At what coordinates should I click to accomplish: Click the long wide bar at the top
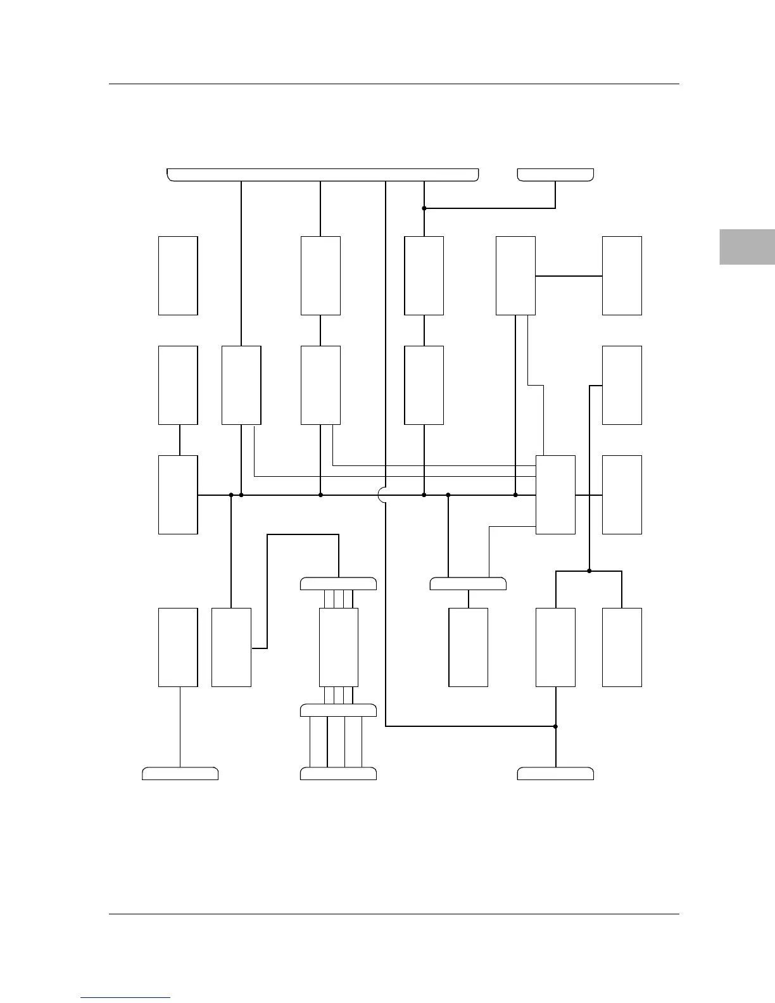coord(322,175)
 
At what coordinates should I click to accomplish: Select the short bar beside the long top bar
coord(555,175)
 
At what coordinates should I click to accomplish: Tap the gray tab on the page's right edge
coord(747,246)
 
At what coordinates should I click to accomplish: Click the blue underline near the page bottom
coord(125,997)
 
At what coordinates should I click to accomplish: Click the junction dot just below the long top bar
coord(424,208)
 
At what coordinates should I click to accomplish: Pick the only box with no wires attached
coord(178,275)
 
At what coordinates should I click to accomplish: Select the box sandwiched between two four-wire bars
coord(339,647)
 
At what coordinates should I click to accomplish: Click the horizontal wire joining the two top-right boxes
coord(569,276)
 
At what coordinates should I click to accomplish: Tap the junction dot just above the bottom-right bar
coord(555,726)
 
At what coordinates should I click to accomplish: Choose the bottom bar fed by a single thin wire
coord(180,773)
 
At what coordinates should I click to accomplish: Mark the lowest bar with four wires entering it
coord(338,773)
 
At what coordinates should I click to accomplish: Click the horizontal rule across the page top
coord(394,84)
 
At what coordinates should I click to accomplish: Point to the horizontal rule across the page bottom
coord(394,914)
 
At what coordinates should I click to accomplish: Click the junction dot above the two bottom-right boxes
coord(589,571)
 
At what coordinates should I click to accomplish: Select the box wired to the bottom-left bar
coord(178,647)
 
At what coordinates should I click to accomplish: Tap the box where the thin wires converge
coord(555,495)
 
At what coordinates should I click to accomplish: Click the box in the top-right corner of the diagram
coord(622,275)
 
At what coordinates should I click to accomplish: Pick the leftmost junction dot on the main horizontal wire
coord(231,495)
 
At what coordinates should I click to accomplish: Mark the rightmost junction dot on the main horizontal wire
coord(515,495)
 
